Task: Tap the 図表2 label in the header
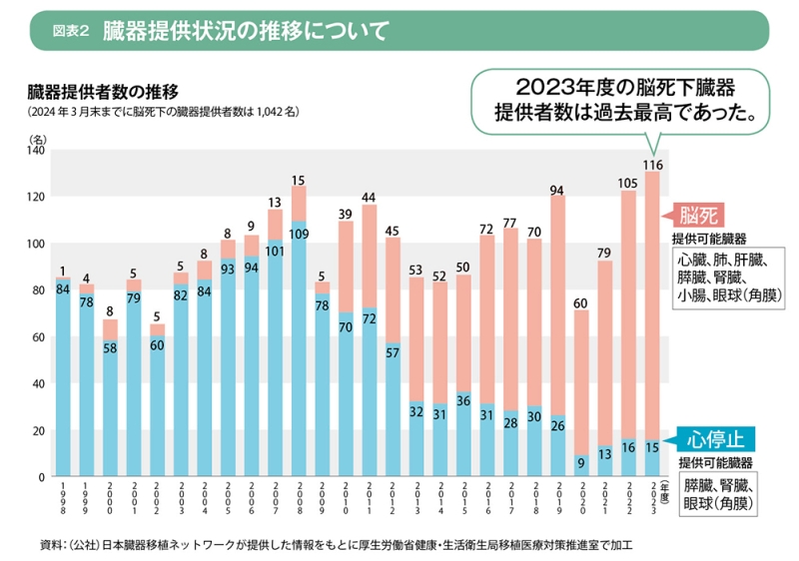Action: [72, 31]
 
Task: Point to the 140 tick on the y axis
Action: [40, 151]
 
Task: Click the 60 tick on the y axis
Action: [40, 337]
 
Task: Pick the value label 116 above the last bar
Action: [652, 164]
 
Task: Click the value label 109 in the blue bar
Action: [299, 235]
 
